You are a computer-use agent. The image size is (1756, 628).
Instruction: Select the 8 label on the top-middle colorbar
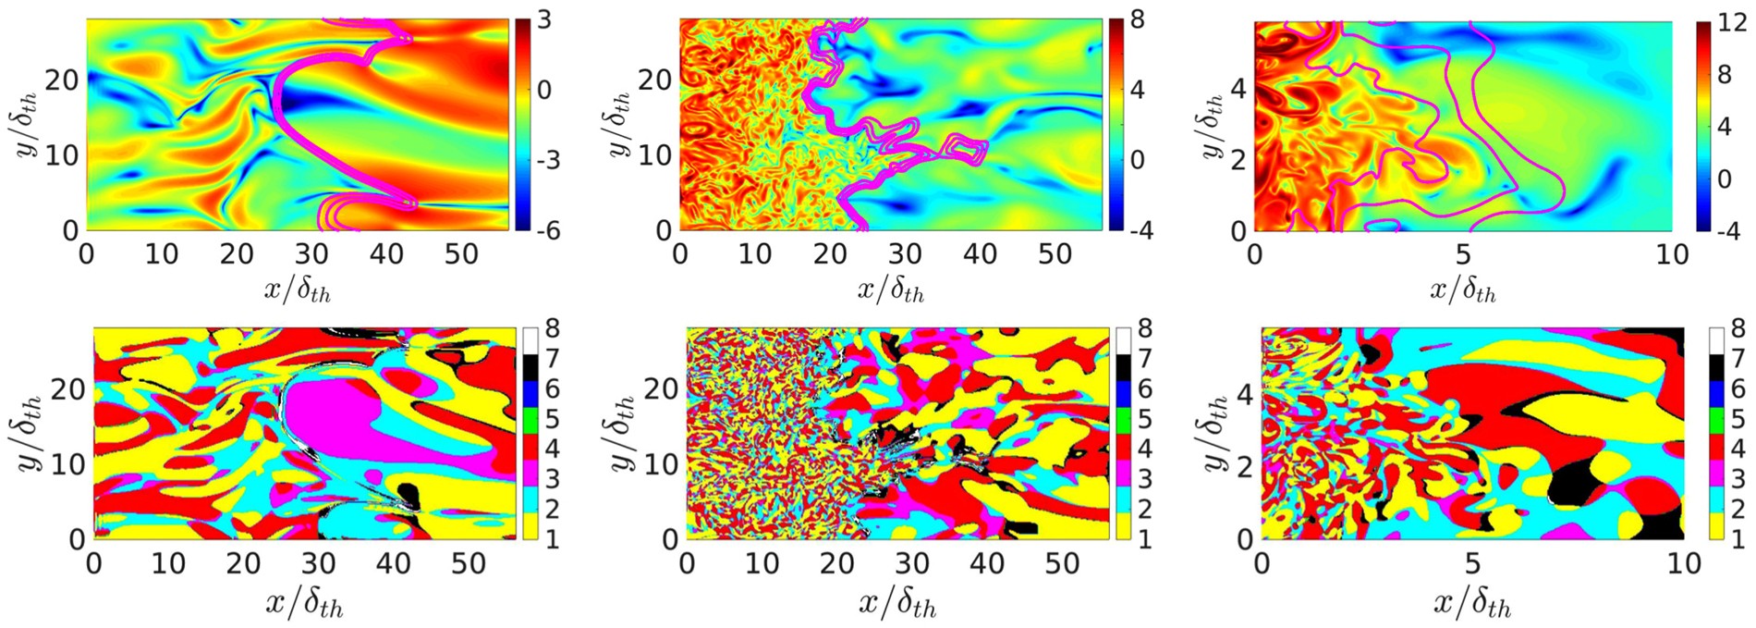click(x=1137, y=20)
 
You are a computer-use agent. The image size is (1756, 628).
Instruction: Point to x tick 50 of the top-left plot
click(x=461, y=254)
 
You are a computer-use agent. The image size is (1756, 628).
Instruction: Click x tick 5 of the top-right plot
click(x=1463, y=254)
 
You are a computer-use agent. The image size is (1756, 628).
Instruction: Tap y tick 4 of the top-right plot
click(x=1239, y=91)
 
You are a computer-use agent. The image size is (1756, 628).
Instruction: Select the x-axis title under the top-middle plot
click(x=891, y=290)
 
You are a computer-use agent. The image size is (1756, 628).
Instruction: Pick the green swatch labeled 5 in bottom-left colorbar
click(x=530, y=419)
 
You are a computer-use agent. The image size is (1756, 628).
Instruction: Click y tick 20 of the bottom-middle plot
click(x=660, y=388)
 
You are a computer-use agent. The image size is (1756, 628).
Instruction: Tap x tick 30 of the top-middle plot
click(x=905, y=254)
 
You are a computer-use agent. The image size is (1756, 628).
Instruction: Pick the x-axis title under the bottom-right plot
click(x=1473, y=604)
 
